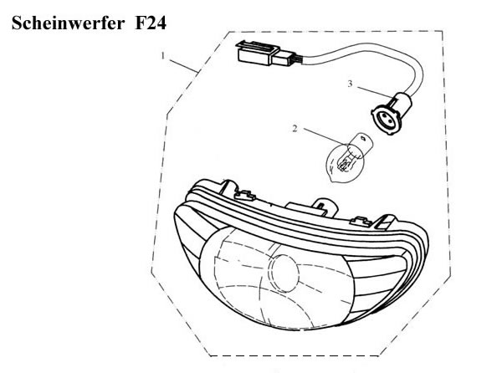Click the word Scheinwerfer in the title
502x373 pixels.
click(68, 23)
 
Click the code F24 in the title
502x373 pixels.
click(151, 23)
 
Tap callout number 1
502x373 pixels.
click(163, 56)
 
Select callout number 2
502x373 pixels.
click(295, 129)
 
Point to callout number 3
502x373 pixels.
click(350, 84)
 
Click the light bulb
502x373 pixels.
click(346, 158)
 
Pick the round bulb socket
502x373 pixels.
click(392, 113)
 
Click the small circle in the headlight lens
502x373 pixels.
click(285, 273)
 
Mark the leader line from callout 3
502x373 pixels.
click(375, 92)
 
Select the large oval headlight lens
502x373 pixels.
click(276, 278)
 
